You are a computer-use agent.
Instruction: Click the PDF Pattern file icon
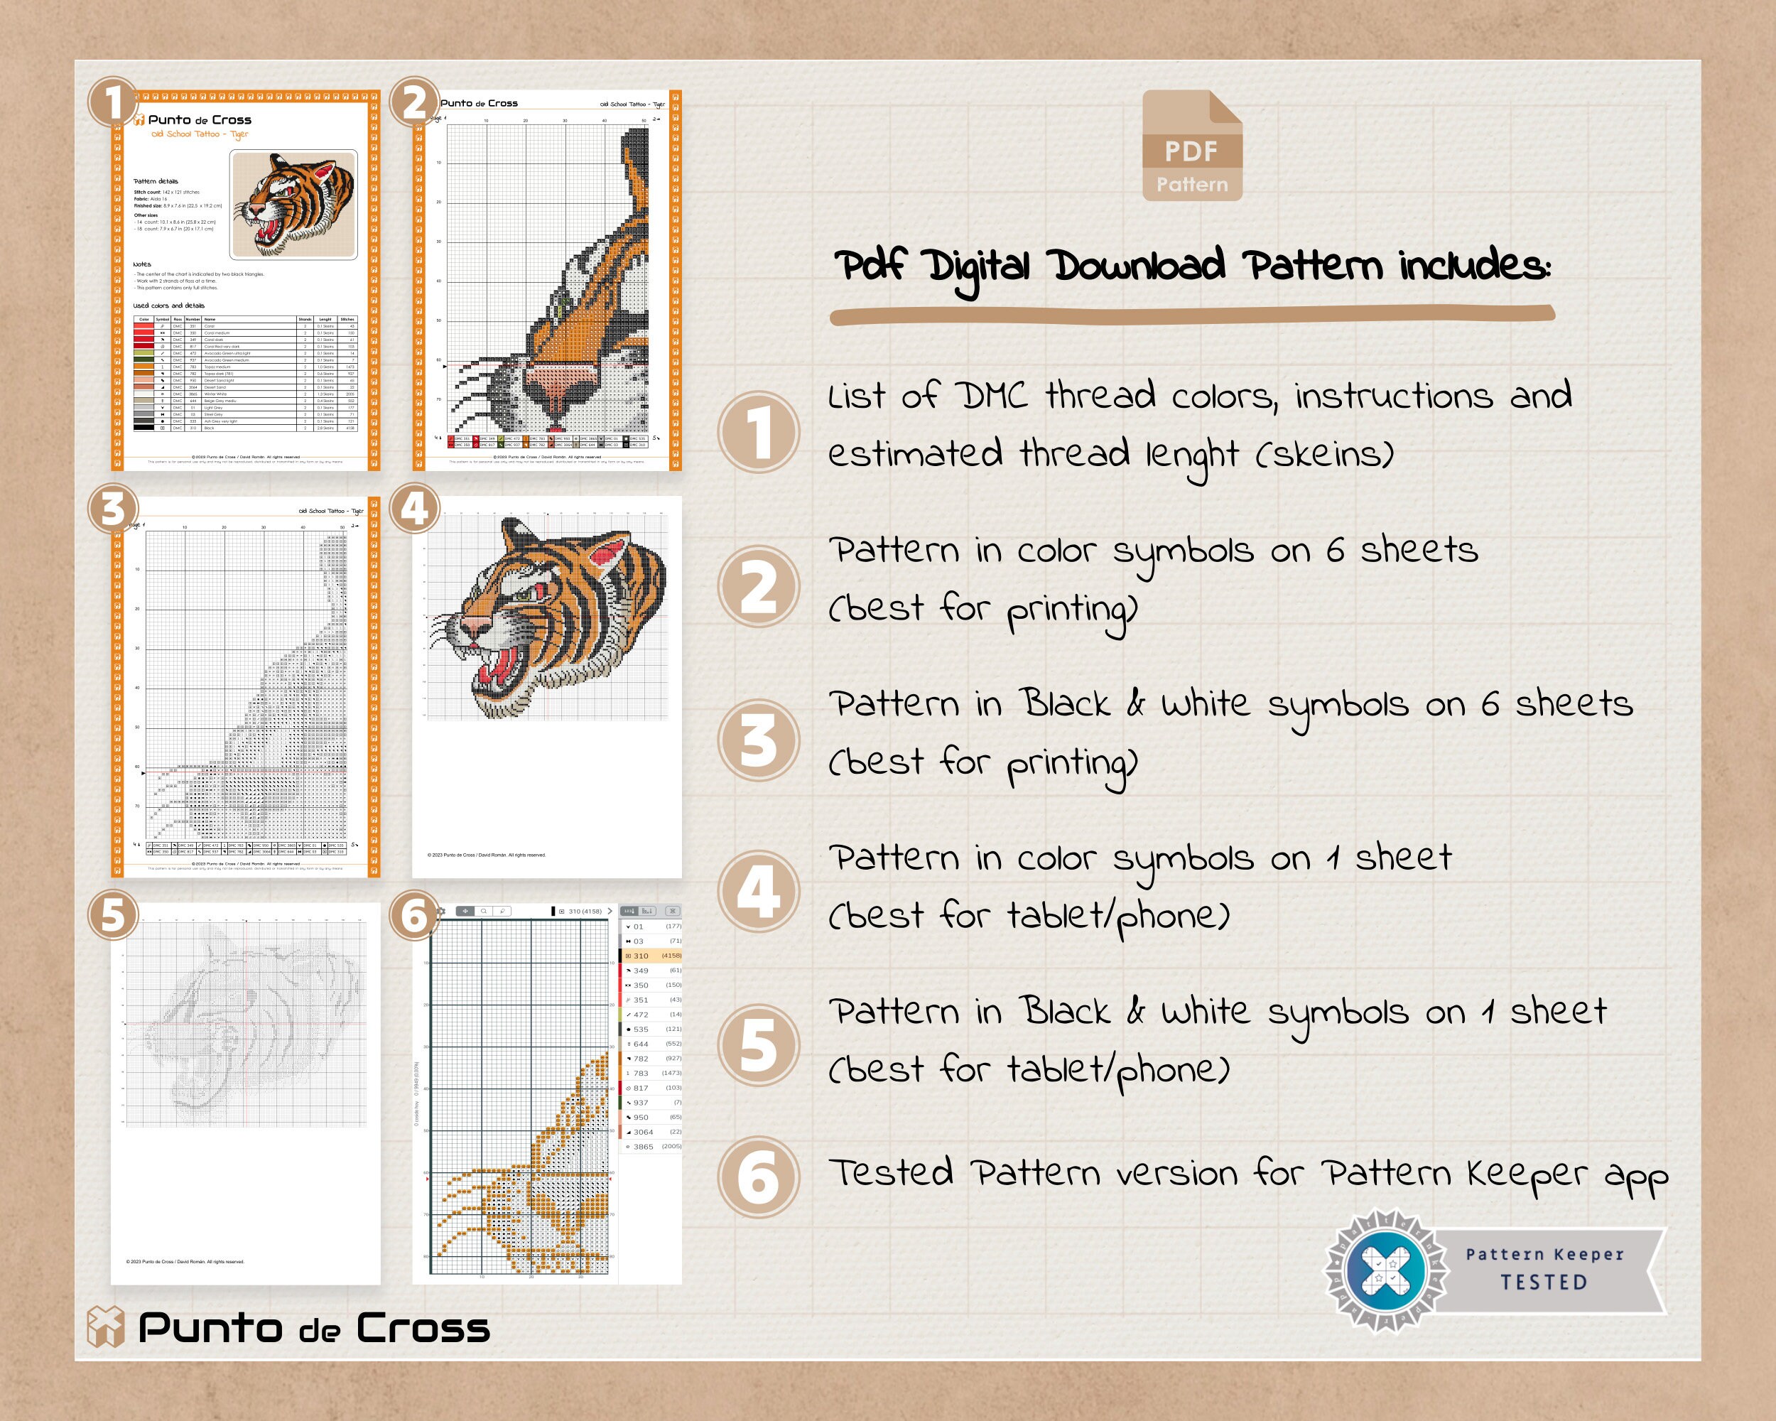tap(1192, 146)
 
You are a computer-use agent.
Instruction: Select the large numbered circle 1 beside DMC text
tap(758, 433)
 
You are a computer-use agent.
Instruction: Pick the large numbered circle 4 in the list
tap(758, 891)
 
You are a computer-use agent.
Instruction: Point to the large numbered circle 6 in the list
tap(758, 1177)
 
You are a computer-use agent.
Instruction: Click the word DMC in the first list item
tap(991, 396)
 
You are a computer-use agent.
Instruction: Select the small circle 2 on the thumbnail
tap(413, 103)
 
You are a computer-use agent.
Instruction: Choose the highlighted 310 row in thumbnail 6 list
tap(651, 956)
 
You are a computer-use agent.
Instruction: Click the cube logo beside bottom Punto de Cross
tap(105, 1327)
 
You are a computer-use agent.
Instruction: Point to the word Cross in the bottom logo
tap(423, 1328)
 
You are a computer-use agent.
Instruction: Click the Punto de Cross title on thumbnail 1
tap(200, 119)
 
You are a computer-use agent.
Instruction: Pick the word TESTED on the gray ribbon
tap(1543, 1282)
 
